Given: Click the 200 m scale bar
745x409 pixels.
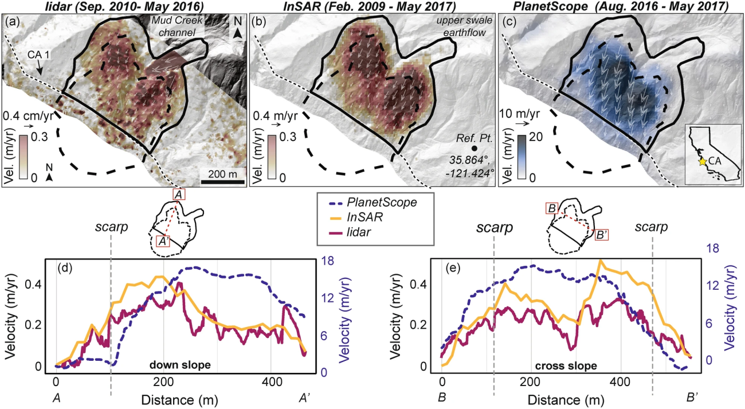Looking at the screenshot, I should [223, 182].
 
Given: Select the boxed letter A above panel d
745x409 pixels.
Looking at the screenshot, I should [179, 196].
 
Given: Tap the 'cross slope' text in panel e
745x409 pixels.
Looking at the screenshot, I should [559, 364].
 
